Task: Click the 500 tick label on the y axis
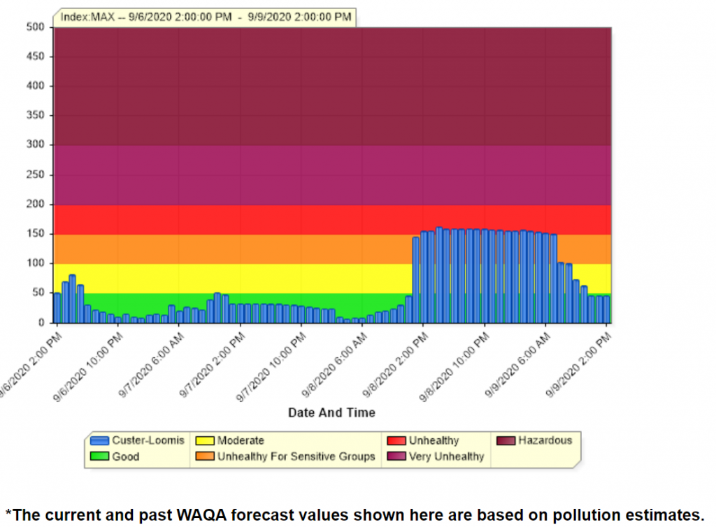[x=35, y=27]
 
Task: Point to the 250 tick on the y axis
[x=35, y=175]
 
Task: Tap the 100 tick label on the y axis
[x=35, y=263]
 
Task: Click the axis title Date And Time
[x=331, y=412]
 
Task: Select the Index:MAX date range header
[x=206, y=17]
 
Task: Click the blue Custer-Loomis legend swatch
[x=100, y=441]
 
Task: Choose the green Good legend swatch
[x=100, y=457]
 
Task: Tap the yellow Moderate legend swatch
[x=204, y=441]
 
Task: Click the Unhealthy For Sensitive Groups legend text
[x=296, y=457]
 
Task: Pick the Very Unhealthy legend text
[x=446, y=457]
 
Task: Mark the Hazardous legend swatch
[x=506, y=441]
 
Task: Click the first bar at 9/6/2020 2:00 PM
[x=57, y=308]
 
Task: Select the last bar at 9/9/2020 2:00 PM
[x=606, y=309]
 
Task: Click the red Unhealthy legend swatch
[x=396, y=441]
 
